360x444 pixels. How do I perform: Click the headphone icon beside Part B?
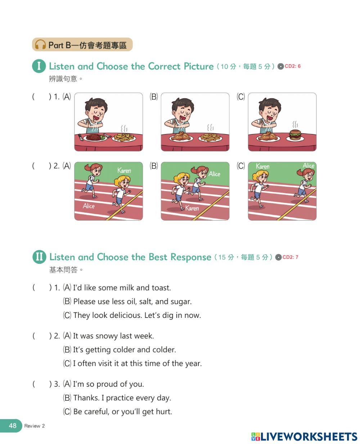(x=40, y=44)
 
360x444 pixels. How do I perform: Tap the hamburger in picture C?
(x=295, y=135)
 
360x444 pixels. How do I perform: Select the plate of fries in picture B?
(x=210, y=137)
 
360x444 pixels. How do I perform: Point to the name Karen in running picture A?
(x=124, y=170)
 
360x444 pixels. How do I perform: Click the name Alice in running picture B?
(x=214, y=174)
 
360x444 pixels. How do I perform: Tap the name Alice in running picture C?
(x=309, y=165)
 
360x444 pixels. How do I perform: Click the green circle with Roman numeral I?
(x=39, y=66)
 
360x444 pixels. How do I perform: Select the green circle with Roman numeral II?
(x=39, y=257)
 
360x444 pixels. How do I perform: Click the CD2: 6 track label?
(x=292, y=66)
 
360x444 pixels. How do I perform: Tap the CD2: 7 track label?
(x=290, y=257)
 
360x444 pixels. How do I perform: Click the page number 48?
(x=13, y=426)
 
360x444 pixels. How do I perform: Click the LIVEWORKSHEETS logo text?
(x=309, y=436)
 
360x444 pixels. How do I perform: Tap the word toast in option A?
(x=161, y=288)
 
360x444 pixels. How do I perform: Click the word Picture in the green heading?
(x=199, y=66)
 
